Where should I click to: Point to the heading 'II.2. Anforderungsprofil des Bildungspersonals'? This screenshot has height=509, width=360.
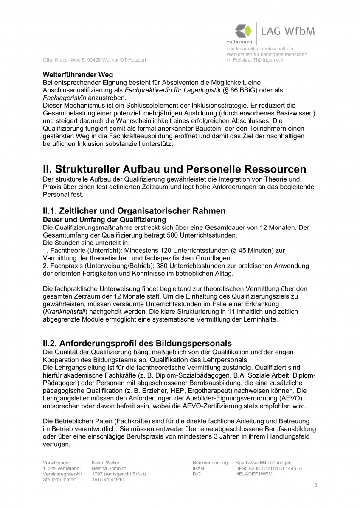(138, 343)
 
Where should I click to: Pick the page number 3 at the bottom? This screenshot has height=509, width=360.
(315, 485)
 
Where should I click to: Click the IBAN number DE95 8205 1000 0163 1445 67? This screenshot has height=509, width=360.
(269, 468)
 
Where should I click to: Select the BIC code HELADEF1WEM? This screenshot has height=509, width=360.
(254, 474)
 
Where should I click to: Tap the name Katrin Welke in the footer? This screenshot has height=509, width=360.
(105, 463)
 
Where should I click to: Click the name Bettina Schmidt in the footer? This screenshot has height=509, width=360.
(109, 468)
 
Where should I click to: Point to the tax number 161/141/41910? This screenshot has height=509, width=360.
(108, 479)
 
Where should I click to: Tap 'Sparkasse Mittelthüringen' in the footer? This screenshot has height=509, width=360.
(264, 463)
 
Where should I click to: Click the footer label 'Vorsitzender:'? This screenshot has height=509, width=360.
(57, 463)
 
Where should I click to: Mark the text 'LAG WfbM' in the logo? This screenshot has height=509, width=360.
(288, 31)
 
